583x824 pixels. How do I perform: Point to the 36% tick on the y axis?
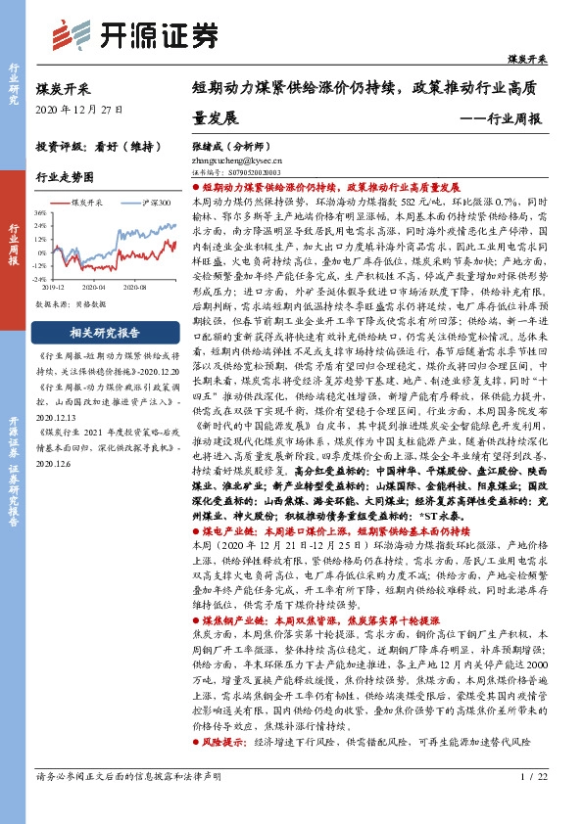(x=39, y=211)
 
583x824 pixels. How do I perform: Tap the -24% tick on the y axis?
(x=38, y=277)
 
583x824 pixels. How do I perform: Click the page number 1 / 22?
(x=534, y=802)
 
